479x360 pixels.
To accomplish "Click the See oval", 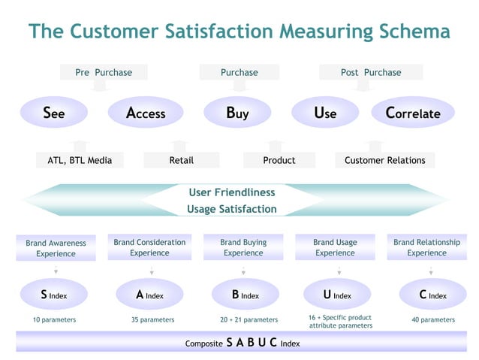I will [x=54, y=113].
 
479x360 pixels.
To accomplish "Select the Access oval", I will [x=146, y=113].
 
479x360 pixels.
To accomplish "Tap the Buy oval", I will [x=237, y=113].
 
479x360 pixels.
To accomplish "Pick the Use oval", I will [x=325, y=113].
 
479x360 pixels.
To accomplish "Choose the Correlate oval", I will [x=413, y=113].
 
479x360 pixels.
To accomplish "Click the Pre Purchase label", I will [x=104, y=72].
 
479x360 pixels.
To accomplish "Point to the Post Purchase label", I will [x=371, y=72].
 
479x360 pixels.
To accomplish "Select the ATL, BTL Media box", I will [x=80, y=160].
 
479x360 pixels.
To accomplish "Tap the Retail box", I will [x=181, y=160].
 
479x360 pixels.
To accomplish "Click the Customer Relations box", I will [x=384, y=160].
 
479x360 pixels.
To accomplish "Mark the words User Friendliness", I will [x=232, y=192].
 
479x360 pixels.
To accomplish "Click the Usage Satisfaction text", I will [x=232, y=209].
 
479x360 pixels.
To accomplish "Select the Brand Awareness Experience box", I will [x=56, y=248].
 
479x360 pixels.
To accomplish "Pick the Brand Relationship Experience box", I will [x=426, y=247].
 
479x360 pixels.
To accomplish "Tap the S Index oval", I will [x=54, y=295].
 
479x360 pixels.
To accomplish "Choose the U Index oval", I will [x=337, y=295].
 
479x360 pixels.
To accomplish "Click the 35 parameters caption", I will [x=152, y=319].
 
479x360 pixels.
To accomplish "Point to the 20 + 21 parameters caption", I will [x=244, y=319].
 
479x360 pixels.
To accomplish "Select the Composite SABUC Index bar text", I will [x=243, y=343].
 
